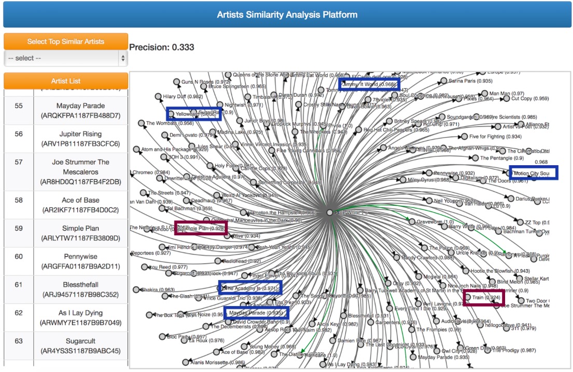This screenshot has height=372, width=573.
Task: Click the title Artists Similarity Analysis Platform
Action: pos(287,15)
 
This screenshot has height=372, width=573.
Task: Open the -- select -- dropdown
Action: pos(65,58)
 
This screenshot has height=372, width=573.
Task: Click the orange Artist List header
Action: pos(65,81)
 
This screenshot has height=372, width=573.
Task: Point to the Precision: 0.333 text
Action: pos(162,47)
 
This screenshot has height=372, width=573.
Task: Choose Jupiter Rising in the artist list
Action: pos(80,139)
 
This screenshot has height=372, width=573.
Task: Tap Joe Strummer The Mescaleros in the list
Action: pos(80,171)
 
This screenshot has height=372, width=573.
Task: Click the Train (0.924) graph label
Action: pos(486,298)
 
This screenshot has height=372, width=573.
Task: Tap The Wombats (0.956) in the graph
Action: pos(170,124)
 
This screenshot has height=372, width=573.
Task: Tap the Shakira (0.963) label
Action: pos(158,290)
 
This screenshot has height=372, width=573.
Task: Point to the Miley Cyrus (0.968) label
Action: pos(428,180)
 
